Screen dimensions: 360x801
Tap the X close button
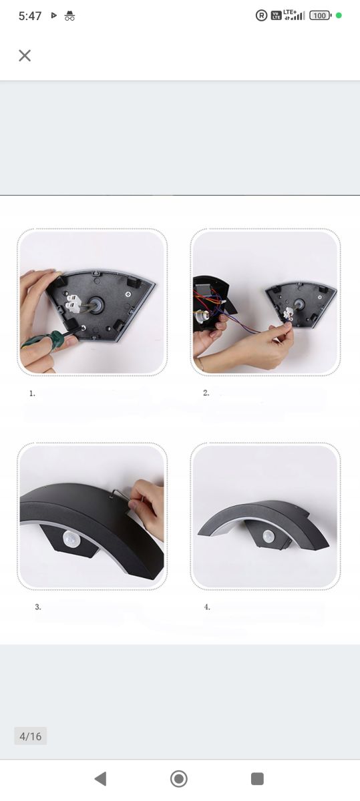click(25, 55)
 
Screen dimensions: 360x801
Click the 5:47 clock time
click(30, 16)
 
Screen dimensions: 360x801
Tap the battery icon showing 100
click(321, 15)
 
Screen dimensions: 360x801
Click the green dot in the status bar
click(339, 15)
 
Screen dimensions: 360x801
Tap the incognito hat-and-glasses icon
click(69, 16)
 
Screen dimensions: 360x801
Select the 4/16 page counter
click(31, 736)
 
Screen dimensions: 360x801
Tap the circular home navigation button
click(179, 778)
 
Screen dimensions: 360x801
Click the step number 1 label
click(32, 393)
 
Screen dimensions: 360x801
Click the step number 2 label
click(206, 392)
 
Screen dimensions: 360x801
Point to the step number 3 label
click(38, 607)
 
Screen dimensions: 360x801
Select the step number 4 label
click(207, 607)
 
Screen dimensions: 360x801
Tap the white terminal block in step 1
click(73, 302)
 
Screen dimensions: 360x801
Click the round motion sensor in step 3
click(70, 539)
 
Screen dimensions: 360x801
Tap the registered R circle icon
click(262, 15)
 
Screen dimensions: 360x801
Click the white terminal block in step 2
click(288, 314)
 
